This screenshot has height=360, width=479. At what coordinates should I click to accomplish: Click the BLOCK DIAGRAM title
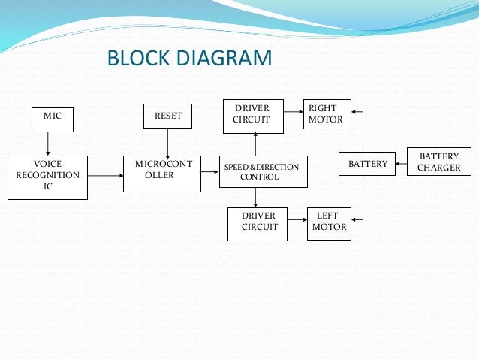tap(189, 58)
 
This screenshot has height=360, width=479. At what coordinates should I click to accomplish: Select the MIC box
tap(53, 116)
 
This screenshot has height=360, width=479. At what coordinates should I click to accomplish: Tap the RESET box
tap(167, 116)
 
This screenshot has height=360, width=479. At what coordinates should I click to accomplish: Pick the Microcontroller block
tap(163, 172)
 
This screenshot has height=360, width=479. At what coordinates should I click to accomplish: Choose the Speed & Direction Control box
tap(259, 171)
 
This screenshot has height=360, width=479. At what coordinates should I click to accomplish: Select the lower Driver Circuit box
tap(257, 223)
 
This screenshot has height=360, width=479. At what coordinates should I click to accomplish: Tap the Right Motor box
tap(326, 114)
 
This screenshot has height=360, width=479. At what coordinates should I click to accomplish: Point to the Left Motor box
tap(329, 222)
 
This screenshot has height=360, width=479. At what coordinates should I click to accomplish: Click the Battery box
tap(368, 164)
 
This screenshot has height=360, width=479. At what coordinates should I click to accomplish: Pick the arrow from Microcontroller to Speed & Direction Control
tap(209, 172)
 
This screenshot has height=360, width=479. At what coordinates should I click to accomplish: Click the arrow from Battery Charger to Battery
tap(402, 164)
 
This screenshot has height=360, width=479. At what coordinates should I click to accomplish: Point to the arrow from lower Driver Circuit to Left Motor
tap(297, 223)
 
